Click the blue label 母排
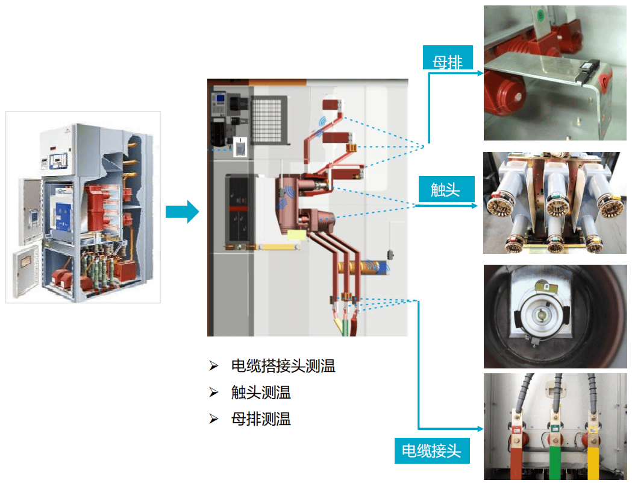[x=448, y=58]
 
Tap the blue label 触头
[x=446, y=189]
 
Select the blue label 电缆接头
[x=432, y=450]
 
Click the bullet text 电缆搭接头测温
[x=283, y=366]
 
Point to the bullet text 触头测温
[x=261, y=392]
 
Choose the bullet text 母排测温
[x=261, y=419]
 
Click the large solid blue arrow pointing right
[x=182, y=212]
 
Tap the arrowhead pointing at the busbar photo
[x=480, y=73]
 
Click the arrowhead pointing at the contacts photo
[x=474, y=206]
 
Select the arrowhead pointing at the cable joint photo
[x=480, y=429]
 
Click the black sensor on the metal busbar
[x=587, y=71]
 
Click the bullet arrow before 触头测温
[x=214, y=392]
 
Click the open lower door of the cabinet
[x=25, y=271]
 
